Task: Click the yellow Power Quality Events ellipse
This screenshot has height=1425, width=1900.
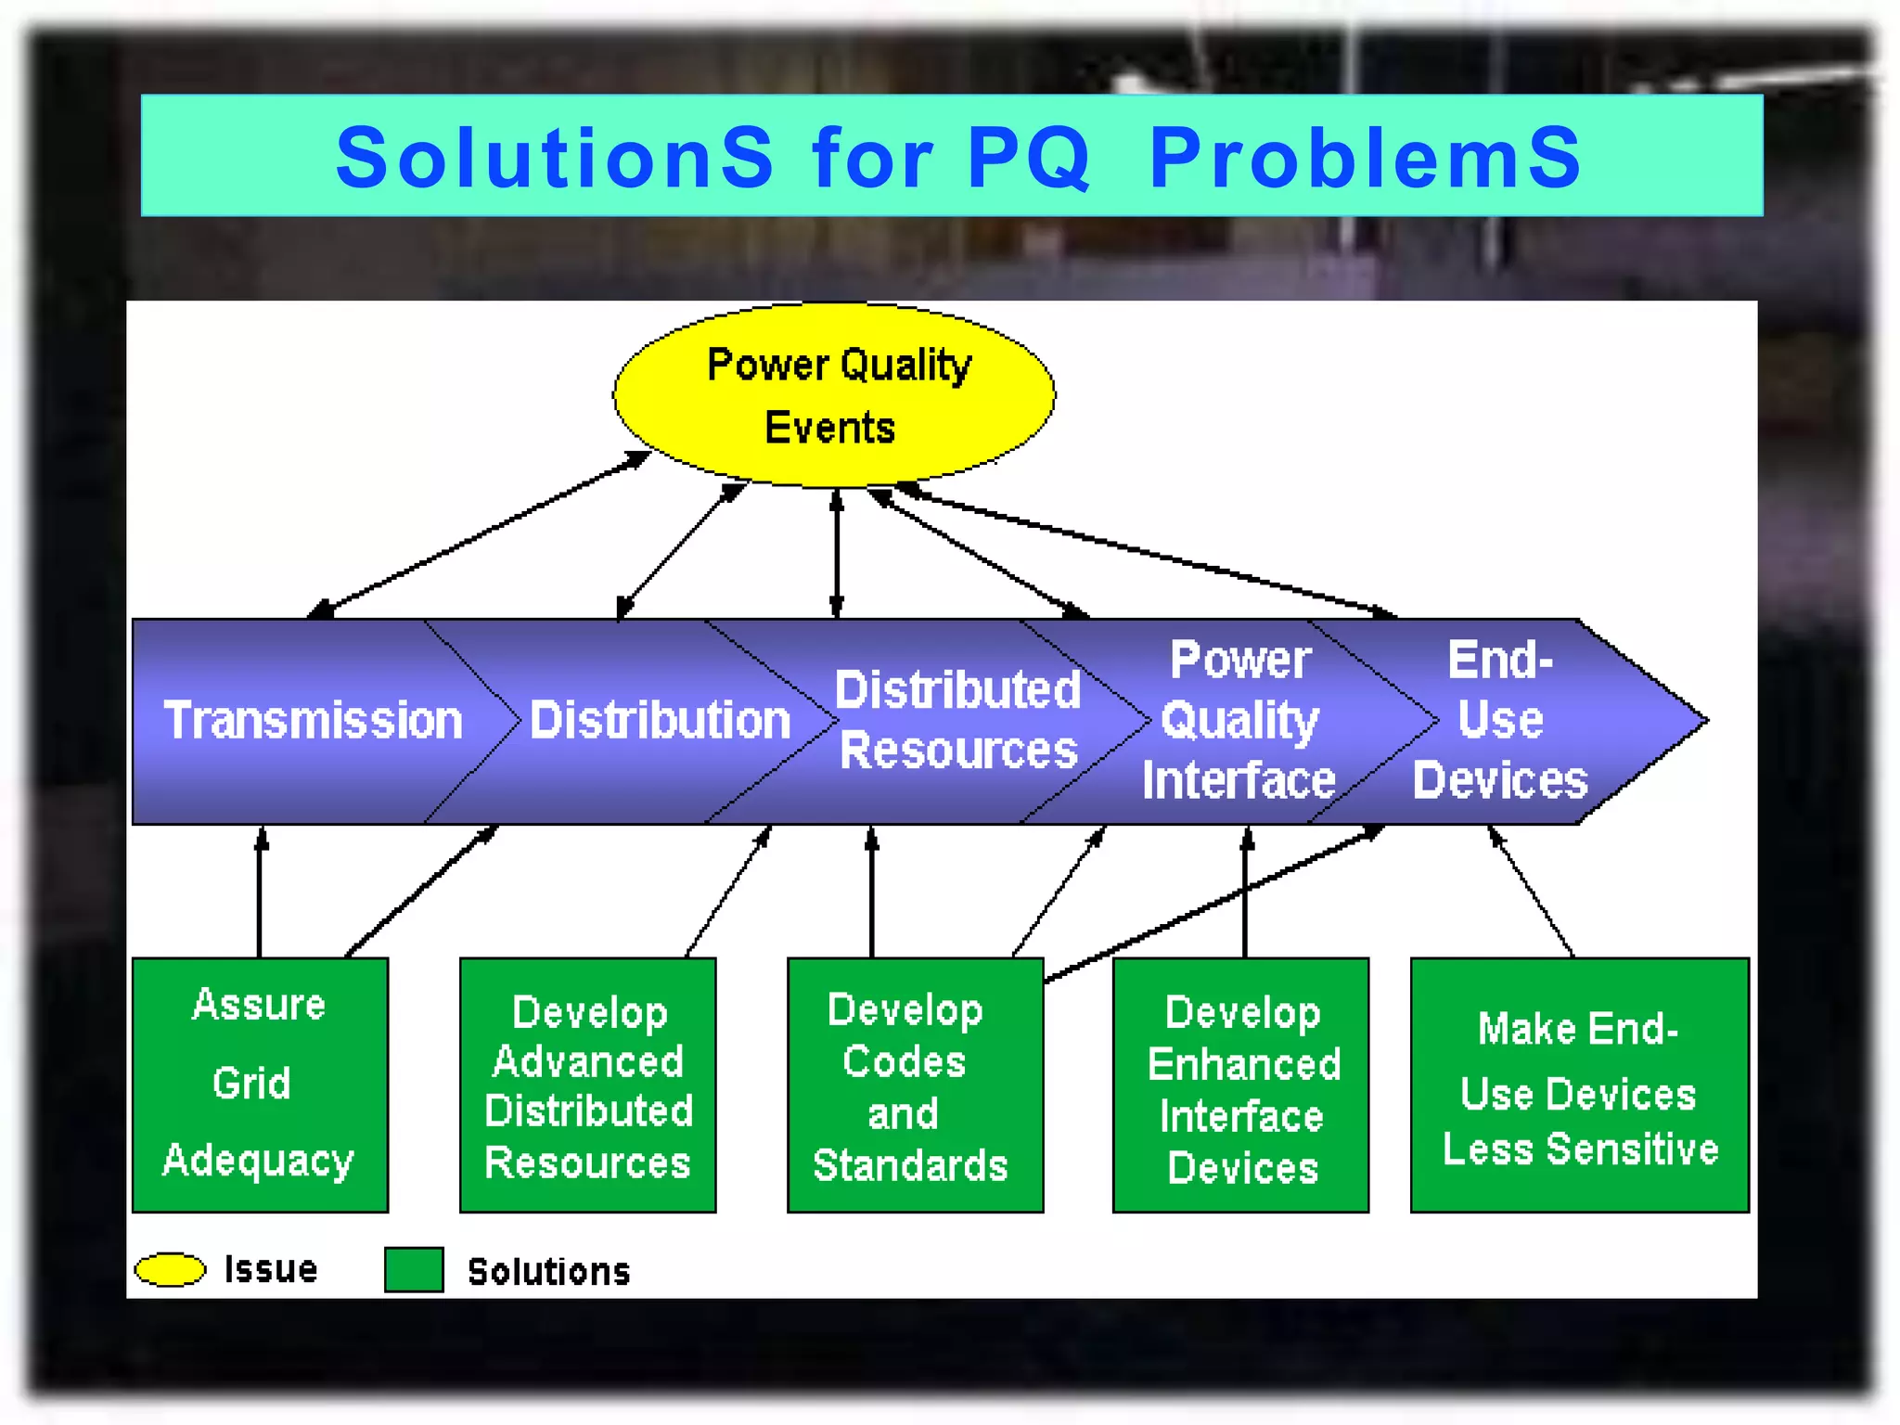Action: [833, 395]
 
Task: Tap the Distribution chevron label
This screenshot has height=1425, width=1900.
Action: [660, 721]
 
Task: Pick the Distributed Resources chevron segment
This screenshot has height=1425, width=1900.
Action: [957, 721]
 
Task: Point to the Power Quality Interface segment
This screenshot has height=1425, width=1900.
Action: [1239, 721]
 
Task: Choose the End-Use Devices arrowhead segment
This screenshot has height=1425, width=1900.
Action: [1521, 721]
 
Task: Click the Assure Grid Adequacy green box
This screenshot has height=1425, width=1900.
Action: [260, 1084]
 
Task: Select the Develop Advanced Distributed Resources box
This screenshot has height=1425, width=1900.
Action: [587, 1085]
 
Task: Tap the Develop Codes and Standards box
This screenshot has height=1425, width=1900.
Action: [914, 1085]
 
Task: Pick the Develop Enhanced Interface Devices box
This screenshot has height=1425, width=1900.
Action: [1240, 1085]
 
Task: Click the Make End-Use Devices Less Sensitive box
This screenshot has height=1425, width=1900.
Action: [1579, 1085]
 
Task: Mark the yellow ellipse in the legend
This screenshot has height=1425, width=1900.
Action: [170, 1269]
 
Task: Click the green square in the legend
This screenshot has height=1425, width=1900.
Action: [414, 1269]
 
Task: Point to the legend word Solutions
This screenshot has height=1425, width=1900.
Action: [548, 1272]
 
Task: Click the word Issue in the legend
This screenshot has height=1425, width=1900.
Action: [271, 1269]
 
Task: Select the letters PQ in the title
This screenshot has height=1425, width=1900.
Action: [1027, 158]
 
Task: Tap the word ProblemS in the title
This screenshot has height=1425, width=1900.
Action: [1365, 158]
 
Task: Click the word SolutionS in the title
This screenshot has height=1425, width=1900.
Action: [554, 158]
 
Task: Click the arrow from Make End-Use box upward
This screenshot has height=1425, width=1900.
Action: [1532, 891]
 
